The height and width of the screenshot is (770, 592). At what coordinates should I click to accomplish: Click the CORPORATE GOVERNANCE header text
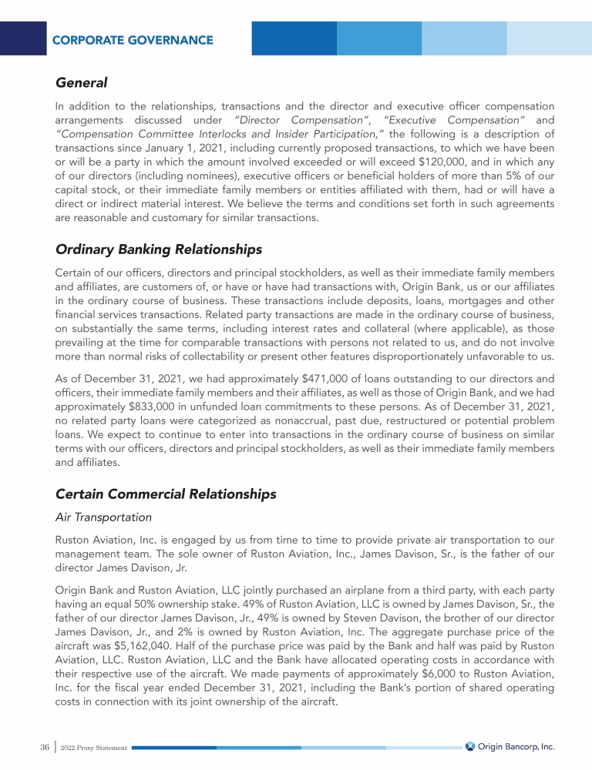pos(133,40)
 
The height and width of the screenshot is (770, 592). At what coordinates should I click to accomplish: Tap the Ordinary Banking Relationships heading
pos(159,250)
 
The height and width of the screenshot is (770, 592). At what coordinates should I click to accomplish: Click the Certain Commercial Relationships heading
pos(166,494)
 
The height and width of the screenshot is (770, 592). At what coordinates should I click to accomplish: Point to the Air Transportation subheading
pos(103,517)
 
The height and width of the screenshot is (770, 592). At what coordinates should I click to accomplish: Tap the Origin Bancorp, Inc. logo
pos(510,747)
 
